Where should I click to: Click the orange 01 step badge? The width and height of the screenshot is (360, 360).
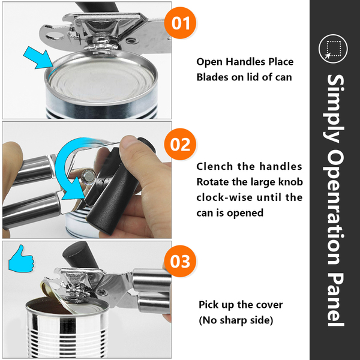(x=180, y=23)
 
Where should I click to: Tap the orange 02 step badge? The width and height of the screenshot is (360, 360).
(x=180, y=144)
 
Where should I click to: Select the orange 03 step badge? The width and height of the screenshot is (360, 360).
(x=180, y=261)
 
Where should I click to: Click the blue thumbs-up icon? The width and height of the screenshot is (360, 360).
(x=21, y=259)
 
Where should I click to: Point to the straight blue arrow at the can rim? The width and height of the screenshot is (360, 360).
(x=38, y=58)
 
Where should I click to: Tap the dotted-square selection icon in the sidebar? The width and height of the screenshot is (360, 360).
(x=333, y=49)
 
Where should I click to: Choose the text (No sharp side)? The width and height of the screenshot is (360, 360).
(x=236, y=320)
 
